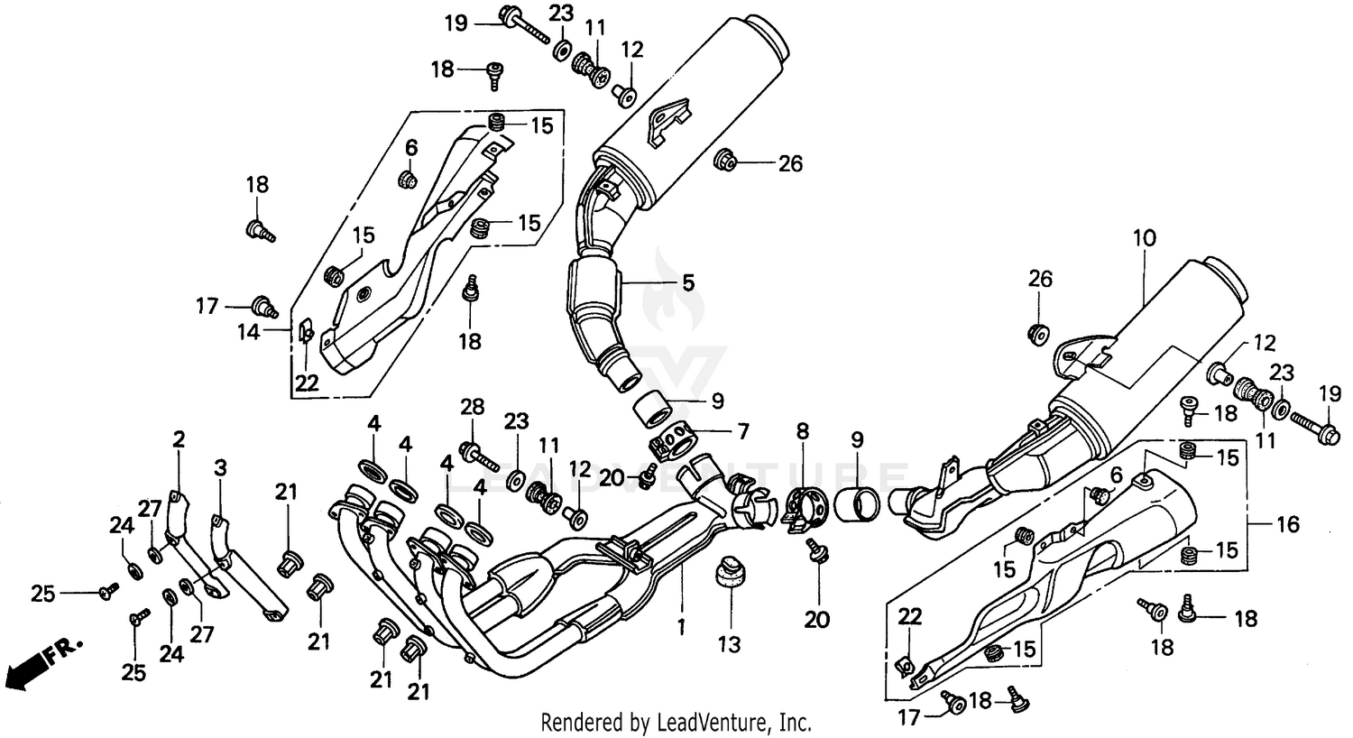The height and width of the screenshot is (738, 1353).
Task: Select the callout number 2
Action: coord(179,439)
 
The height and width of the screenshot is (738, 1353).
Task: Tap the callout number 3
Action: coord(220,467)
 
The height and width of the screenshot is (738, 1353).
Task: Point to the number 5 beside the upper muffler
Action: coord(687,282)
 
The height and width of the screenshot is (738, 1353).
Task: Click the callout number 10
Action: coord(1144,238)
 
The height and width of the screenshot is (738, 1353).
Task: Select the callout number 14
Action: coord(249,332)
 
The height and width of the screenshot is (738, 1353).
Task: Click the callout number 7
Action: coord(742,432)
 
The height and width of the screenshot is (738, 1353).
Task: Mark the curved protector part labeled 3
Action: coord(244,568)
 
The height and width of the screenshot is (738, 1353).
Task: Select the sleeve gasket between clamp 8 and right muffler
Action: coord(856,505)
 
